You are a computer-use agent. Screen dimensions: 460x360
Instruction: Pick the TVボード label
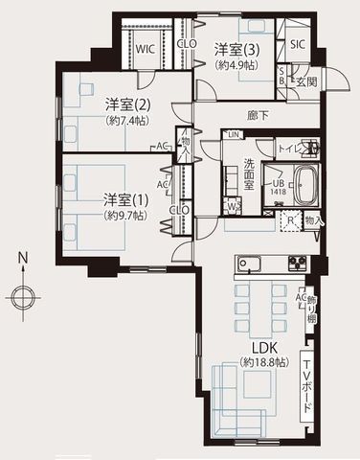(x=306, y=387)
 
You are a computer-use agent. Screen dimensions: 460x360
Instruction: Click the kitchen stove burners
(x=294, y=263)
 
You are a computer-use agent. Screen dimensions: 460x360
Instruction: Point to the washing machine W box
(x=234, y=204)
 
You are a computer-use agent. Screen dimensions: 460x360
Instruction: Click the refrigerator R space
(x=291, y=219)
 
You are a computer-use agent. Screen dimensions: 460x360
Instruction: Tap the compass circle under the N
(x=22, y=294)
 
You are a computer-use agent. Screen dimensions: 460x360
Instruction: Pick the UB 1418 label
(x=277, y=187)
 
